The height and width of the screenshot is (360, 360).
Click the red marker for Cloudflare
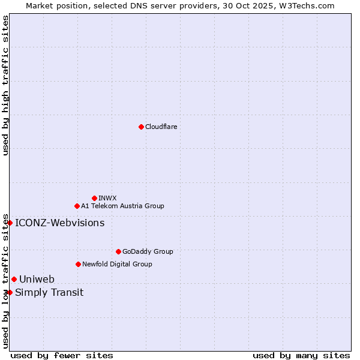[x=141, y=127]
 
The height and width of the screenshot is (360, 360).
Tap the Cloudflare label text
[x=161, y=127]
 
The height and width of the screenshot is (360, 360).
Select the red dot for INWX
[x=94, y=198]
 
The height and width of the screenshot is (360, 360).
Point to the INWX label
[x=107, y=198]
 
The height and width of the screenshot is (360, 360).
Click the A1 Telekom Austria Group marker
[x=77, y=206]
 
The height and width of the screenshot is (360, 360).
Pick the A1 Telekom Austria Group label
[x=122, y=206]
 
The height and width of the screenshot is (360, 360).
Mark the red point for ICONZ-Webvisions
[x=10, y=223]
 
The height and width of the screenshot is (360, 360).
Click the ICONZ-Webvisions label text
[x=59, y=223]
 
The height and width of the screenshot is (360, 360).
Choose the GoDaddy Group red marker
[x=118, y=251]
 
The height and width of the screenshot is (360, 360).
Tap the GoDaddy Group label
[x=148, y=251]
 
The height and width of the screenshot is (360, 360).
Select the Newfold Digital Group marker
[x=78, y=264]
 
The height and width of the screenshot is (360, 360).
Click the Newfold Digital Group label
[x=117, y=264]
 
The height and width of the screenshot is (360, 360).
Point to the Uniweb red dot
[x=14, y=279]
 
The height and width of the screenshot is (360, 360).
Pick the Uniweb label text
[x=37, y=279]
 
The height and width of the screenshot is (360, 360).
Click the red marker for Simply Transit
[x=10, y=292]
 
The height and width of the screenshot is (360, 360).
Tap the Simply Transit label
[x=49, y=293]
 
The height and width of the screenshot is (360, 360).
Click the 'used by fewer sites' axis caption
[x=62, y=355]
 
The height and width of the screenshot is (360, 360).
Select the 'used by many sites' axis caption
[x=301, y=355]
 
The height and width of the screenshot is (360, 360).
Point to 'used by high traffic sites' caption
[x=5, y=86]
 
